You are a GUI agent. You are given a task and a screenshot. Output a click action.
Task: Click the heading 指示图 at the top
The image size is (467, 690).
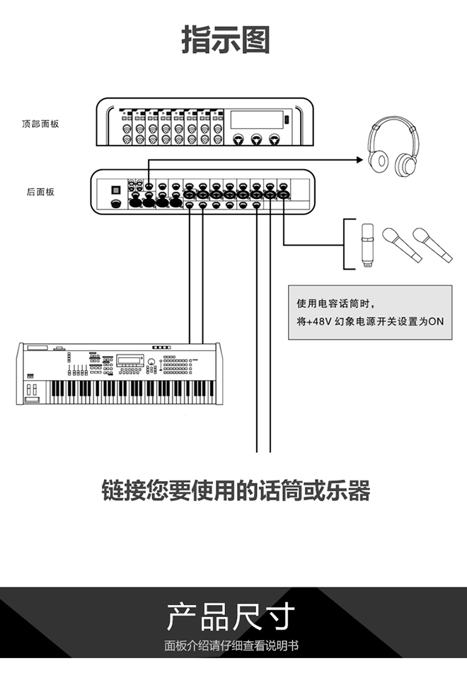tap(225, 40)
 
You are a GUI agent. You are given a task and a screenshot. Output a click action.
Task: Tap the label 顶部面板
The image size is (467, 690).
tap(40, 124)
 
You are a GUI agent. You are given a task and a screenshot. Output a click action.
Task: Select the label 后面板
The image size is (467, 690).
tap(40, 192)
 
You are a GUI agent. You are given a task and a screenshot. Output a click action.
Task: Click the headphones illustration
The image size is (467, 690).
tap(393, 146)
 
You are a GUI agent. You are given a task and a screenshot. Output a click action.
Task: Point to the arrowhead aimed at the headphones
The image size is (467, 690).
tap(360, 160)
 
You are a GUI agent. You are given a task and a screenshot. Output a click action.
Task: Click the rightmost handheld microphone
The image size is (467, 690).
tap(432, 245)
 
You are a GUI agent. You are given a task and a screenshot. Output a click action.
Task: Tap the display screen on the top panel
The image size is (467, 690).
tap(257, 120)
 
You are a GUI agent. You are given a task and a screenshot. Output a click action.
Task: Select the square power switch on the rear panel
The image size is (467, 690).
tap(116, 190)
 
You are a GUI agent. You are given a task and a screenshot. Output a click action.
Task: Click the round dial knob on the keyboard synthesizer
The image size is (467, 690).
tap(151, 362)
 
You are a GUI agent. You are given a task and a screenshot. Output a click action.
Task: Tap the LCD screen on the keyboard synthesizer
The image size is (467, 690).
tap(129, 360)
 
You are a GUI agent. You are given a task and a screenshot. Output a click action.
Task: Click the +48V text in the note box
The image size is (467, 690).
tap(318, 322)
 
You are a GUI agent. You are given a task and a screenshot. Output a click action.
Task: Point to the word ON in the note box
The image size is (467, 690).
tap(436, 322)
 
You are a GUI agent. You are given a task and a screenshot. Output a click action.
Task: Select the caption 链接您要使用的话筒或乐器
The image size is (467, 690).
tap(236, 490)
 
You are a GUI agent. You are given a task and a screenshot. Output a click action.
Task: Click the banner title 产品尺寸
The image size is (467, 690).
tap(231, 616)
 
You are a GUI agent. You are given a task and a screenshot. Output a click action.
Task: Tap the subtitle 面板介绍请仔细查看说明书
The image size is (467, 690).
tap(231, 645)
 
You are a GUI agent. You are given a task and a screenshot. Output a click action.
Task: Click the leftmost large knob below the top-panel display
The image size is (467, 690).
tap(238, 139)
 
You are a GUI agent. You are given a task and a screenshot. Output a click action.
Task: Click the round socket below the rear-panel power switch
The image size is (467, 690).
tap(116, 203)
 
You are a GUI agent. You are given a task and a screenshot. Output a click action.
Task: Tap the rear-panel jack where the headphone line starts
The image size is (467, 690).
tap(149, 186)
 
